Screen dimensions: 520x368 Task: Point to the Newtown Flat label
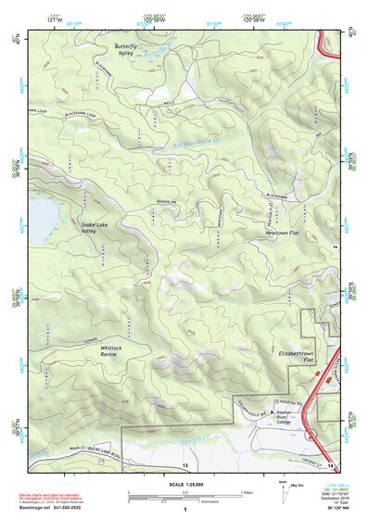pyautogui.click(x=272, y=235)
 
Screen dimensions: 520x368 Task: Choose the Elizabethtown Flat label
pyautogui.click(x=298, y=358)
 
